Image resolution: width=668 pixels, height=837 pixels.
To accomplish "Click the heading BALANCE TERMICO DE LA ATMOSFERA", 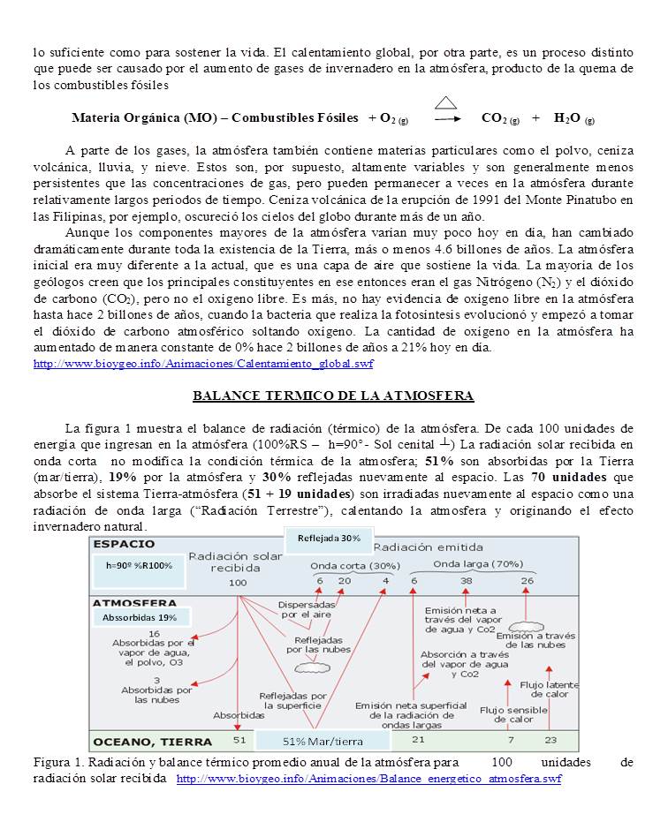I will click(333, 396).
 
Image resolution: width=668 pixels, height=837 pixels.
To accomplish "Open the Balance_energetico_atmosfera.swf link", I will click(368, 780).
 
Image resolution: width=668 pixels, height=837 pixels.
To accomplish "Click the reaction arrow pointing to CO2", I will click(447, 118).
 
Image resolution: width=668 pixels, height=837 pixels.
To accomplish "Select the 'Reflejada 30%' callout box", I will click(329, 539).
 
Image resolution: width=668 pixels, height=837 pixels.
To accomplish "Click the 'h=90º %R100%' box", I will click(139, 565).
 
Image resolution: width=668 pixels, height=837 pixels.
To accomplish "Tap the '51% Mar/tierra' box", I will click(323, 740).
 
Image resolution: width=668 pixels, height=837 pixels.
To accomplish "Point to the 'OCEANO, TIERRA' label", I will click(152, 741).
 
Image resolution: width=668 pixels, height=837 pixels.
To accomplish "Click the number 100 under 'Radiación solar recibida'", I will click(238, 583).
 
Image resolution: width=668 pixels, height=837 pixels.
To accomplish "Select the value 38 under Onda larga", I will click(466, 581).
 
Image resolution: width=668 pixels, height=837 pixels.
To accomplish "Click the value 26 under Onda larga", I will click(527, 581).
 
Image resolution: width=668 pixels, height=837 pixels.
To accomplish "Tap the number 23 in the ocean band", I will click(550, 739).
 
